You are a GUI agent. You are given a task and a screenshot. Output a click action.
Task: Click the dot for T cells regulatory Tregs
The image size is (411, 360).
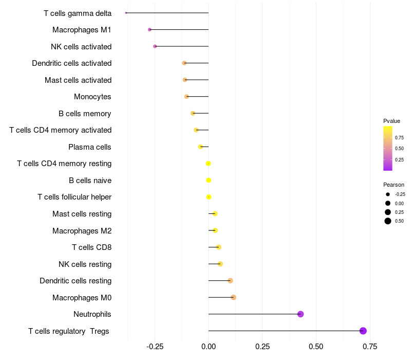(363, 331)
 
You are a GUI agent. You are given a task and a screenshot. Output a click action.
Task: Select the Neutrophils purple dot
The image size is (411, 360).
(301, 314)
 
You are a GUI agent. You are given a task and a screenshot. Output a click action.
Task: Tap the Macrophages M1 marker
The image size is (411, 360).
(150, 30)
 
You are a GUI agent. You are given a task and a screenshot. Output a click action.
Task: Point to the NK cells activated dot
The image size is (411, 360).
(155, 46)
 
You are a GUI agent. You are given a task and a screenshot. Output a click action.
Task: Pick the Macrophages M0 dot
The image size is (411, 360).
(233, 297)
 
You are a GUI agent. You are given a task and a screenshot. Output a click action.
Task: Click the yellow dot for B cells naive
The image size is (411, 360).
(209, 180)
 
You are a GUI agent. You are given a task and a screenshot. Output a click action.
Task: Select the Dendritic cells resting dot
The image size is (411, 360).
(230, 280)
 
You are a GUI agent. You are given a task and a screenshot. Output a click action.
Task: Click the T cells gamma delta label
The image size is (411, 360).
(78, 13)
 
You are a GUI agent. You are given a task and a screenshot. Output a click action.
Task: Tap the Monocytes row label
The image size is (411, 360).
(92, 97)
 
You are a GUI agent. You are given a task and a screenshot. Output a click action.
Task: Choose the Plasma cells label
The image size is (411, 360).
(90, 147)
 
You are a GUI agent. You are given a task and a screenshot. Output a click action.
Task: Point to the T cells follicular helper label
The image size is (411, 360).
(74, 197)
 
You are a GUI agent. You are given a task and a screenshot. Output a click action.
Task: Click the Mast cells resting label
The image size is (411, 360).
(82, 214)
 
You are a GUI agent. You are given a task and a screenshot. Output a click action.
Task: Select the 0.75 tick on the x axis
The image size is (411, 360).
(369, 347)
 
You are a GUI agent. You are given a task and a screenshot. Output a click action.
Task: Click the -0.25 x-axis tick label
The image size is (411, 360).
(155, 347)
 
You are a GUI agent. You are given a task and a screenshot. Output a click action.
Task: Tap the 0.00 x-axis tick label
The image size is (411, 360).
(209, 347)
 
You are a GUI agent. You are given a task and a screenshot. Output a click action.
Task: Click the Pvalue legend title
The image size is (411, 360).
(391, 121)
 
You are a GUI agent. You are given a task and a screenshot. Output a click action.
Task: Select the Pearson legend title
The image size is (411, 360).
(394, 185)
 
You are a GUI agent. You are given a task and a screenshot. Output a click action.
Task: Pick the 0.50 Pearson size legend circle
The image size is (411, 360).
(388, 221)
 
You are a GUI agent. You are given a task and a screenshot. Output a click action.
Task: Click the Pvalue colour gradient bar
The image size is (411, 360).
(388, 148)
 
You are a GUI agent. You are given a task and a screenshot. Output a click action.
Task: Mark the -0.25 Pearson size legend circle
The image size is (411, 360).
(388, 194)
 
